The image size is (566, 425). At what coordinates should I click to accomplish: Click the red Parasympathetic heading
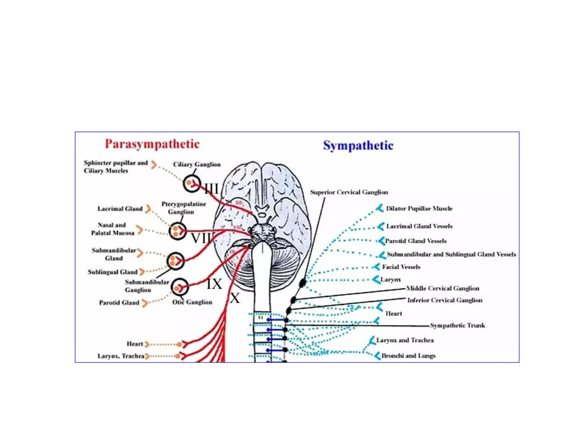pyautogui.click(x=152, y=144)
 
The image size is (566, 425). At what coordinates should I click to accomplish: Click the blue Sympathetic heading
pyautogui.click(x=358, y=146)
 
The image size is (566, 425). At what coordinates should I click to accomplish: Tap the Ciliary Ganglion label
pyautogui.click(x=197, y=164)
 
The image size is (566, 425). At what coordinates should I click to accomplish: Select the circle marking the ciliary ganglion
pyautogui.click(x=191, y=183)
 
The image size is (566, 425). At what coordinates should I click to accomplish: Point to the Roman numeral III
pyautogui.click(x=211, y=189)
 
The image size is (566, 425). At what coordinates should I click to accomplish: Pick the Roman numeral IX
pyautogui.click(x=214, y=284)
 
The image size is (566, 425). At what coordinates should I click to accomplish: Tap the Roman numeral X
pyautogui.click(x=235, y=298)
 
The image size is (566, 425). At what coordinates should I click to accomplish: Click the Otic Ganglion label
pyautogui.click(x=192, y=302)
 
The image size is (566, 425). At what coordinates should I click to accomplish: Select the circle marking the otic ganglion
pyautogui.click(x=180, y=287)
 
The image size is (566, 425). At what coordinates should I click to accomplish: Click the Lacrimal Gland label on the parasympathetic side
pyautogui.click(x=120, y=209)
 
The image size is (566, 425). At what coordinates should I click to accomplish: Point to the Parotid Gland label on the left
pyautogui.click(x=119, y=303)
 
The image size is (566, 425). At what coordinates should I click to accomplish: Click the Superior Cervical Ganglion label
pyautogui.click(x=349, y=192)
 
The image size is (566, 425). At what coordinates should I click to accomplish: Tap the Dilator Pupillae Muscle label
pyautogui.click(x=419, y=209)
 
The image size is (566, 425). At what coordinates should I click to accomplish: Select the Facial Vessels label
pyautogui.click(x=401, y=267)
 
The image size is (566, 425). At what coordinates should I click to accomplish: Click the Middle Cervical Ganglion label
pyautogui.click(x=442, y=288)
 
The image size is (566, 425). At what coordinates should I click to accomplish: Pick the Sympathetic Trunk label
pyautogui.click(x=457, y=325)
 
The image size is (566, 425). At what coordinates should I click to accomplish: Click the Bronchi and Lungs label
pyautogui.click(x=408, y=356)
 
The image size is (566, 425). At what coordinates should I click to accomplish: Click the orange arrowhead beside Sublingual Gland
pyautogui.click(x=142, y=272)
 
